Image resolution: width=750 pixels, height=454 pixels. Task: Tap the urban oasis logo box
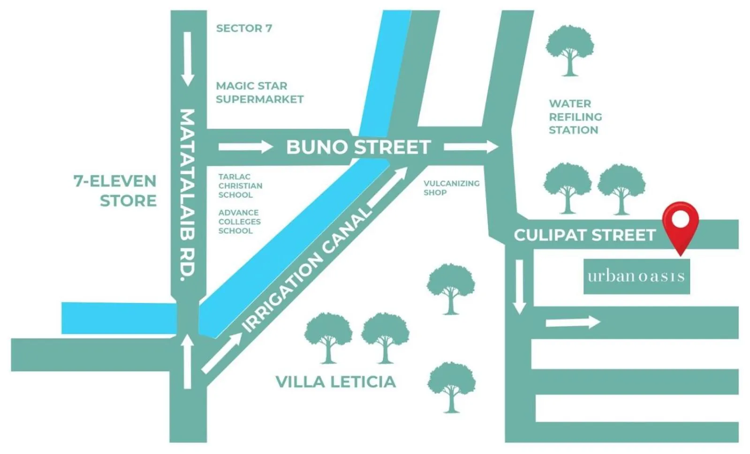(x=636, y=276)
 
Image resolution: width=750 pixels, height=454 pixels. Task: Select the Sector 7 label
(x=244, y=29)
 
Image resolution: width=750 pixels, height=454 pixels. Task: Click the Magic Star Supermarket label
(x=259, y=92)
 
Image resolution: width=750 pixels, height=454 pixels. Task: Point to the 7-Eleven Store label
(x=115, y=191)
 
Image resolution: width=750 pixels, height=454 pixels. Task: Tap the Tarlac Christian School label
(x=240, y=186)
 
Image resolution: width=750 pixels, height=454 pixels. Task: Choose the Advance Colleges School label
(x=239, y=222)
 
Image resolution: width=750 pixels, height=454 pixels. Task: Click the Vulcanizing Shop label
(x=451, y=188)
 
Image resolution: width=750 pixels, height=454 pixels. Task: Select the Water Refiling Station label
(x=575, y=117)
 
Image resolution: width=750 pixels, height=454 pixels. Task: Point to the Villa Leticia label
(x=335, y=382)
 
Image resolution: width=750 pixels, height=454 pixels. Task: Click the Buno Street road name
(x=358, y=147)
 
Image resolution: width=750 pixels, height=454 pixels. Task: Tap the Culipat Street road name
(x=584, y=235)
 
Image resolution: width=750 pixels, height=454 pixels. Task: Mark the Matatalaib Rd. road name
(x=188, y=195)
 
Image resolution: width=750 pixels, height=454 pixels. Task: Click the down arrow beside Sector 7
(x=188, y=59)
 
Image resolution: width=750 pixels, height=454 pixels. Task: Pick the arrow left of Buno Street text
(x=245, y=147)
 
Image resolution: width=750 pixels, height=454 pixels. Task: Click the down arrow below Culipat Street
(x=519, y=286)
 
